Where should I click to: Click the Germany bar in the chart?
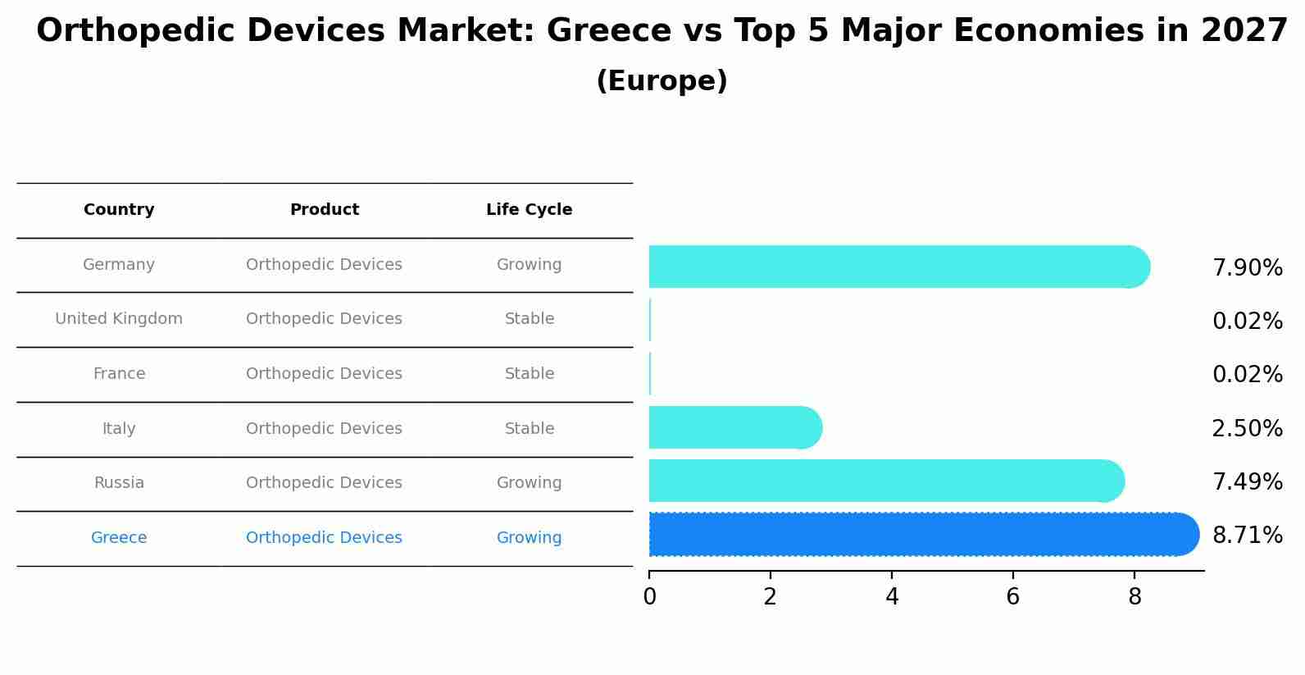[898, 267]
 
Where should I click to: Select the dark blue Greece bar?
[922, 535]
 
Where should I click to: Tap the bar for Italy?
[734, 427]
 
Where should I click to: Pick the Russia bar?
[885, 481]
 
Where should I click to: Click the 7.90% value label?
[1247, 268]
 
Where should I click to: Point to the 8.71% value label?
[1247, 536]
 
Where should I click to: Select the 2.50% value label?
[1247, 429]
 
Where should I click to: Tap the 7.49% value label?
[1247, 482]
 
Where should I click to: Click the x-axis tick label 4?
[892, 597]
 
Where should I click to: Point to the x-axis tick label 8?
[1134, 597]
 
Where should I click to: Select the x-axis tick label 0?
[649, 597]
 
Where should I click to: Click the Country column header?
[119, 210]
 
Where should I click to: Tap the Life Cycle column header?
[529, 210]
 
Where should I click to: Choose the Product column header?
[324, 210]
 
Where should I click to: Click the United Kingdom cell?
[119, 319]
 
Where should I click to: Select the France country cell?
[119, 374]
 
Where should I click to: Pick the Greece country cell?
[119, 538]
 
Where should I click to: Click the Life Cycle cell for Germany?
[529, 265]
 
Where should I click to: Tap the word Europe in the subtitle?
[662, 81]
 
